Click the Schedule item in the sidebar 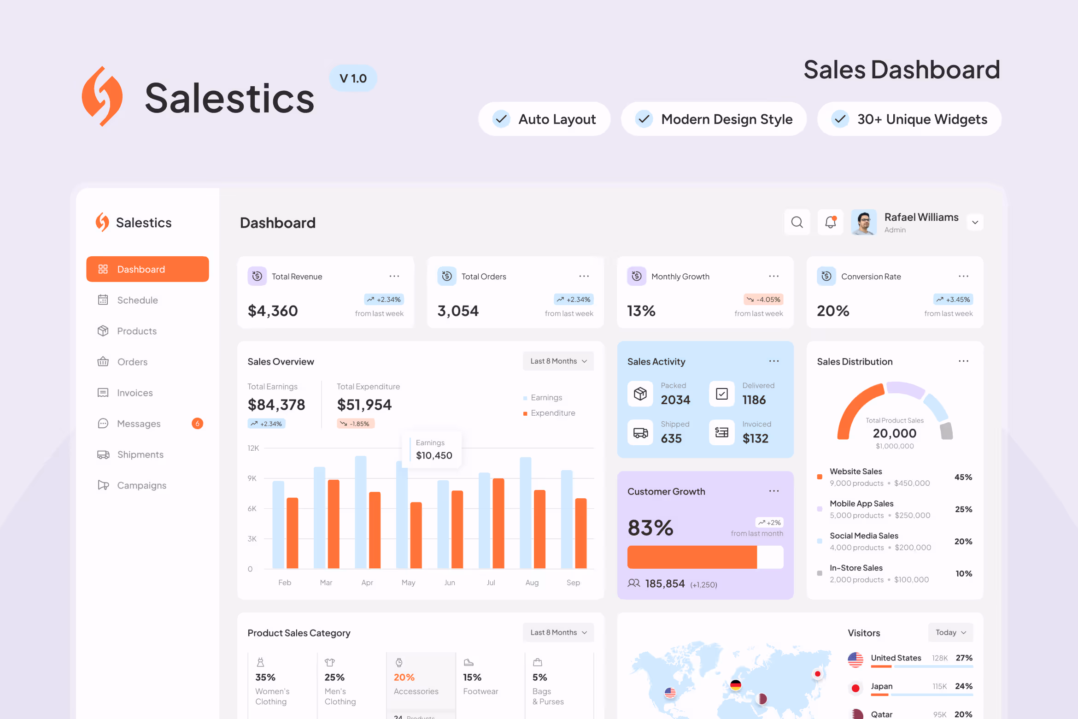pos(137,300)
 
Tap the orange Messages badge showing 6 pos(197,424)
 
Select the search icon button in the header pos(797,223)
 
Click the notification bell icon pos(830,223)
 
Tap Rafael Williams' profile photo pos(864,223)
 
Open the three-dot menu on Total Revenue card pos(394,276)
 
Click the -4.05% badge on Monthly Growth pos(763,300)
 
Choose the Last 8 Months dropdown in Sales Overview pos(558,361)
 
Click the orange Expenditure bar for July pos(498,523)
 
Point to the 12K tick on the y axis pos(253,448)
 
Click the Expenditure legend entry pos(552,413)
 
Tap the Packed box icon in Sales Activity pos(640,394)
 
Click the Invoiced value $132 pos(755,438)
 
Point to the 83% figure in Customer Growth pos(650,528)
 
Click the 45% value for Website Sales pos(963,477)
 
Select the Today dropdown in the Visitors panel pos(950,632)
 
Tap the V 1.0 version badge pos(353,78)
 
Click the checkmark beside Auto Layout pos(501,119)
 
